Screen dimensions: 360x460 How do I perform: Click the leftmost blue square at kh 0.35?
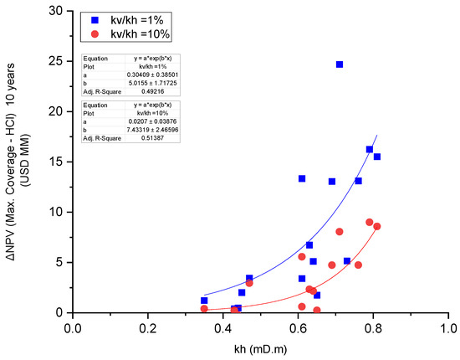pos(204,301)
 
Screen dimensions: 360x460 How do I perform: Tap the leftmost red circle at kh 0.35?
pos(204,309)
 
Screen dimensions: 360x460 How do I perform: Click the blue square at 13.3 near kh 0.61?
pos(302,178)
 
